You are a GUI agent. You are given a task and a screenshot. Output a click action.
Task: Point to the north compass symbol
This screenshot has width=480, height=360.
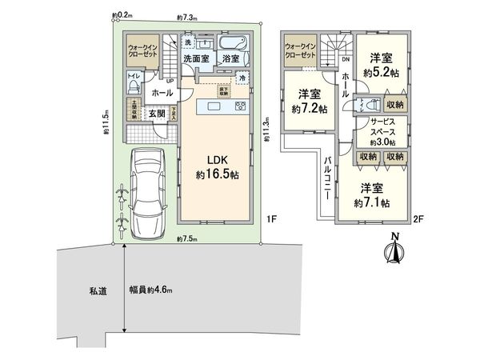(x=393, y=249)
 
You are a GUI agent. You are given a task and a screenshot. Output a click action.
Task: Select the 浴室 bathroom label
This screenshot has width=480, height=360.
(x=231, y=59)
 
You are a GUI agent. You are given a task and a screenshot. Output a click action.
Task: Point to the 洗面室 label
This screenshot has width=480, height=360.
(x=195, y=59)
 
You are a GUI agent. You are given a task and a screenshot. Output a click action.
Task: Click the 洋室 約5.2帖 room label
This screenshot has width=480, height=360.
(x=380, y=64)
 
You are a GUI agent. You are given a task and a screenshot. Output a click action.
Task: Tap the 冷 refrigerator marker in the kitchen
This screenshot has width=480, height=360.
(x=242, y=78)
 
